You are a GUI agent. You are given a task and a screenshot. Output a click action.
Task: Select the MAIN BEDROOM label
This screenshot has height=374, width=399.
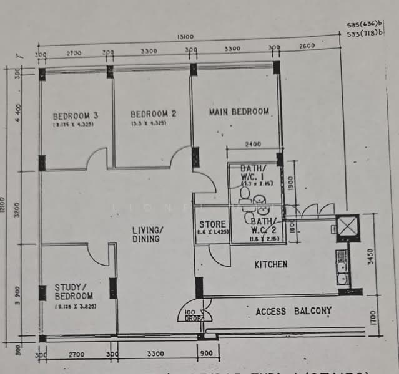(239, 112)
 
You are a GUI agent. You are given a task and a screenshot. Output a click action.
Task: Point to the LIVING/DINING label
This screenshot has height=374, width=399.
(147, 234)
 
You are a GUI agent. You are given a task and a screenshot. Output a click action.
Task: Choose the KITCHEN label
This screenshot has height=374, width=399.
(270, 264)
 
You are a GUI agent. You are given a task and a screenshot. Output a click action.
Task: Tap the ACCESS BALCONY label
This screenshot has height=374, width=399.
(293, 310)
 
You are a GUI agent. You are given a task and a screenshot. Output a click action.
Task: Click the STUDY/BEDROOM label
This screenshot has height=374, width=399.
(74, 292)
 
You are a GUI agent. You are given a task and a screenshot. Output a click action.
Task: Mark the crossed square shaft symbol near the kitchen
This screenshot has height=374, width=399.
(347, 227)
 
